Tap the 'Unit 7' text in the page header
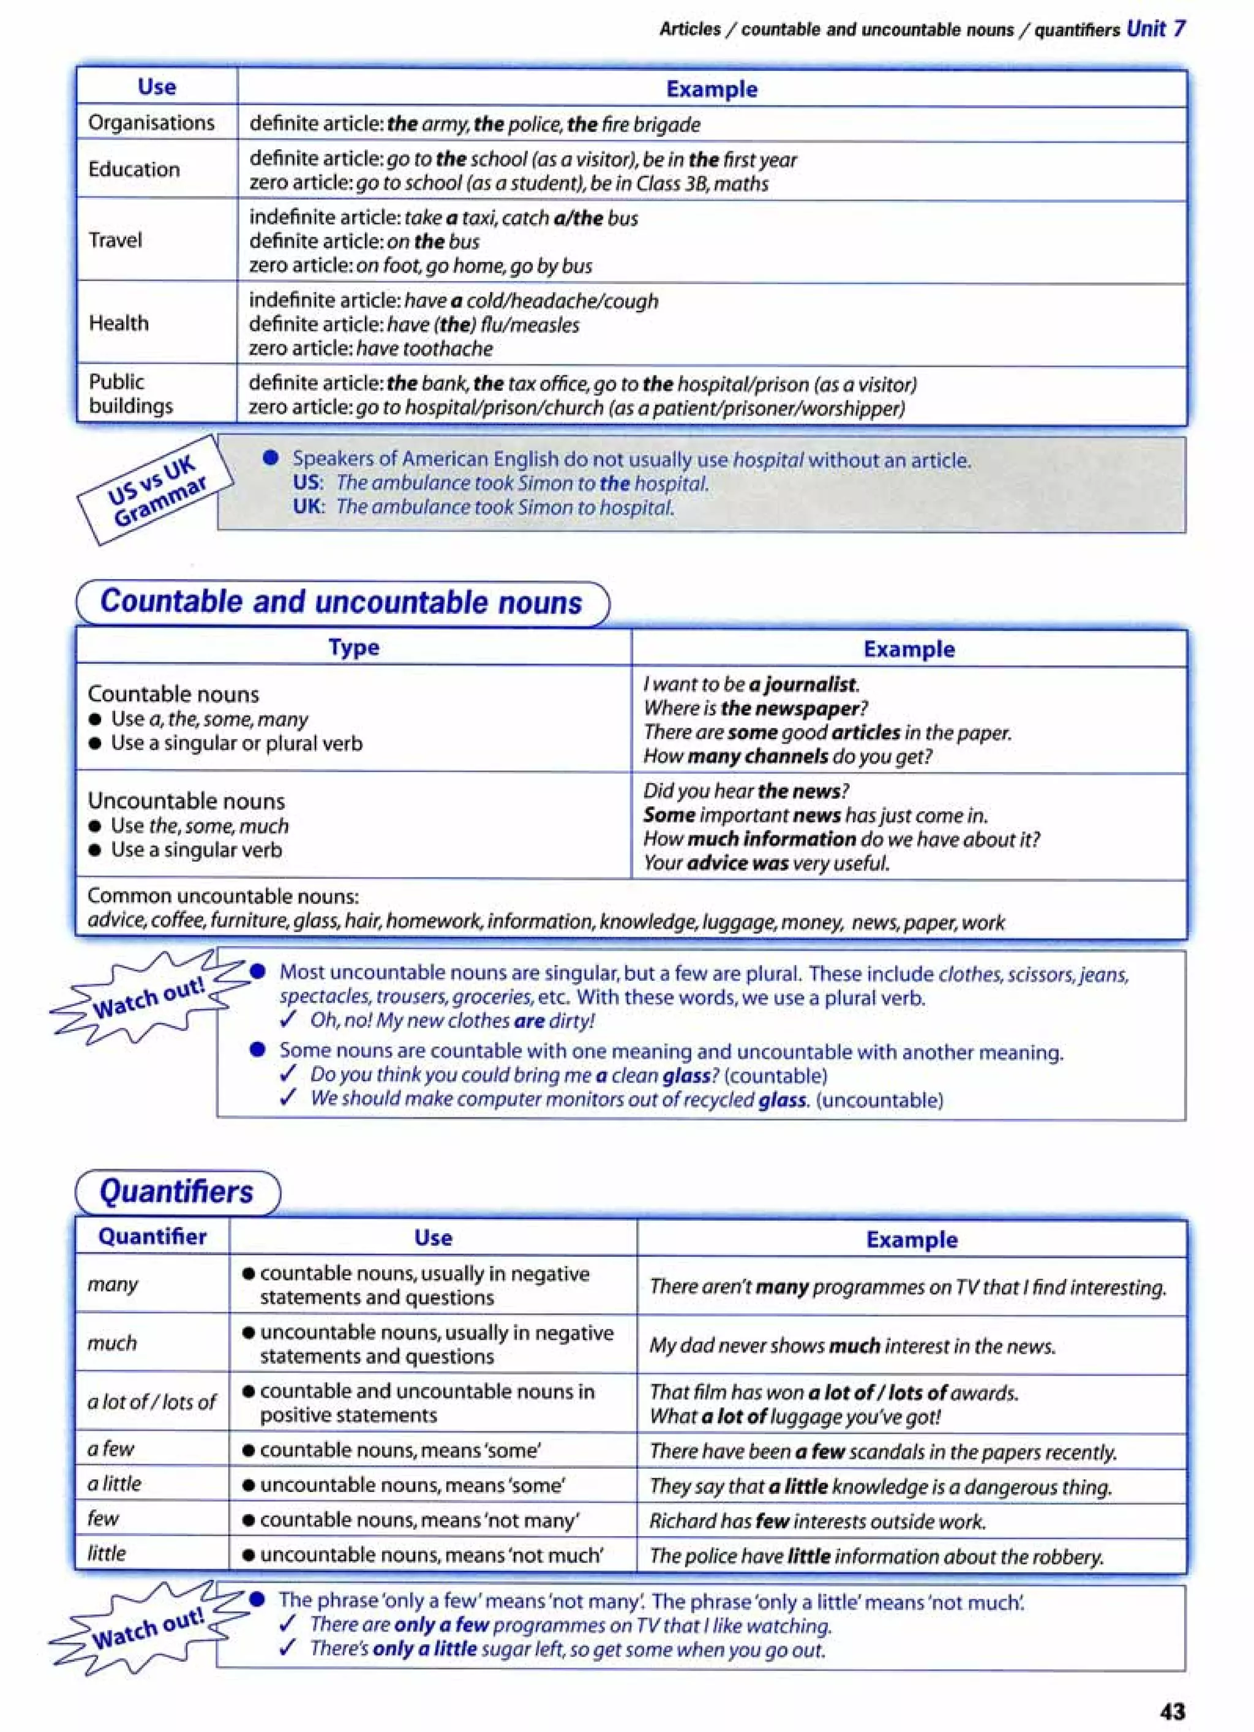click(1156, 29)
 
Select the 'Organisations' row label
click(151, 123)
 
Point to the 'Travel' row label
click(115, 241)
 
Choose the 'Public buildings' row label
click(130, 394)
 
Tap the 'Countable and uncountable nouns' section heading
click(342, 602)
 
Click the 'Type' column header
click(353, 648)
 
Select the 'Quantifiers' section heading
click(176, 1192)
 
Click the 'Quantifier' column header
click(152, 1237)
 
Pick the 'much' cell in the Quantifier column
click(111, 1343)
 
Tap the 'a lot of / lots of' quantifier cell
click(152, 1402)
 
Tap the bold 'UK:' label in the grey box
click(309, 506)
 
